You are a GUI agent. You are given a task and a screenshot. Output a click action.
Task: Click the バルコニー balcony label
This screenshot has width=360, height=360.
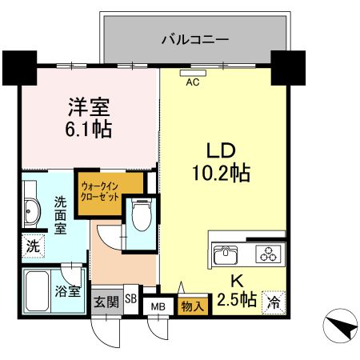[195, 38]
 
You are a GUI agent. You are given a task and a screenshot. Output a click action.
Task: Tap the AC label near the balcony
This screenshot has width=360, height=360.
[192, 81]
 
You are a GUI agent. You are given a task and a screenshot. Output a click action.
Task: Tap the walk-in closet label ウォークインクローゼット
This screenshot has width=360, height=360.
[100, 193]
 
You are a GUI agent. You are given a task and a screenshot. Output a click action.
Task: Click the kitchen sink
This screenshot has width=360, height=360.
[228, 255]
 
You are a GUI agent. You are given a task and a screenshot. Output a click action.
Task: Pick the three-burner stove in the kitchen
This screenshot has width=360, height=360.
[267, 255]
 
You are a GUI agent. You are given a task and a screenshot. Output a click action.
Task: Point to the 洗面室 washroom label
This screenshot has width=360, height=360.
[61, 214]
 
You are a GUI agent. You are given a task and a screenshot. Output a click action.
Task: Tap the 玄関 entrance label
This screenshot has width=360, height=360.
[106, 302]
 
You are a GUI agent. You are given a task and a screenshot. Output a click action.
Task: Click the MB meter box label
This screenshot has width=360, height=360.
[158, 305]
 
